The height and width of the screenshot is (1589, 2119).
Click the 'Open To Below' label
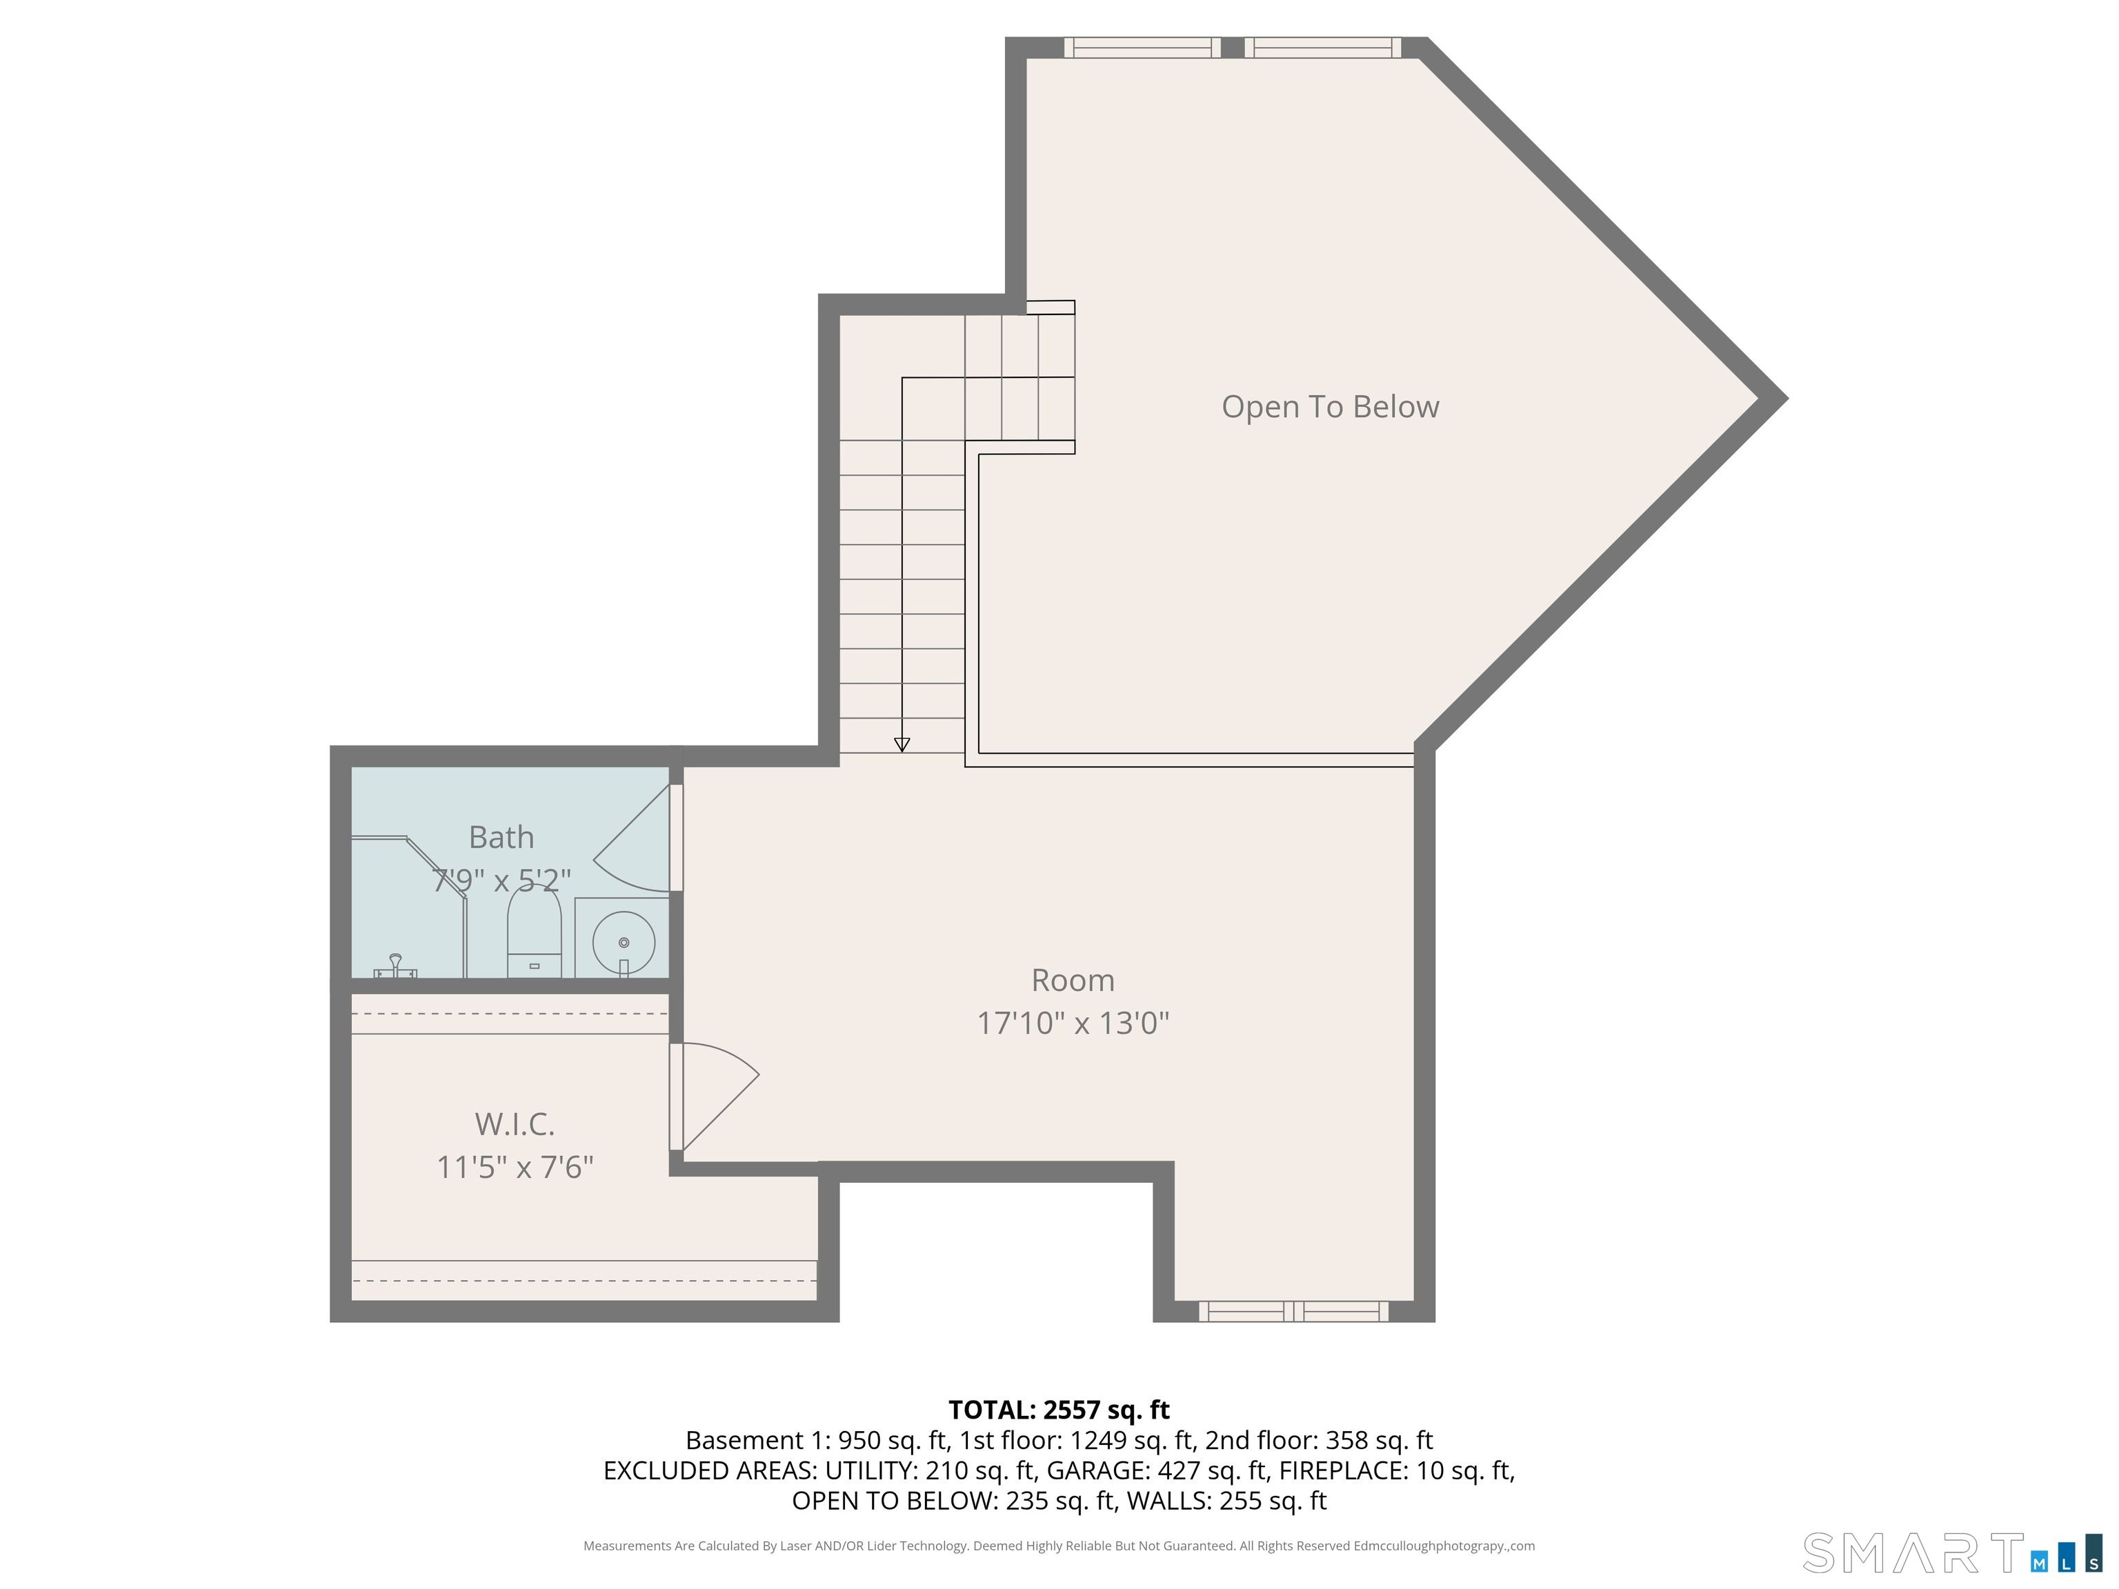pyautogui.click(x=1330, y=407)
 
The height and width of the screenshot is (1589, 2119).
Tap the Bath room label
pyautogui.click(x=501, y=837)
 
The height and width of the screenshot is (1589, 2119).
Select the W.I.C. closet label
pyautogui.click(x=515, y=1123)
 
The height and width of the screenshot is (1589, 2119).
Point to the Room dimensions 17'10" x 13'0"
pyautogui.click(x=1073, y=1023)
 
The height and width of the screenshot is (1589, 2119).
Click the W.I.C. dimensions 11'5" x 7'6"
pyautogui.click(x=515, y=1167)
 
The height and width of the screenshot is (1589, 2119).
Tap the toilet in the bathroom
pyautogui.click(x=534, y=933)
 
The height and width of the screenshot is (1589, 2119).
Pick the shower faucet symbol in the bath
pyautogui.click(x=395, y=966)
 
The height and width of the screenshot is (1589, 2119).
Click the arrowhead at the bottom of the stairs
pyautogui.click(x=902, y=744)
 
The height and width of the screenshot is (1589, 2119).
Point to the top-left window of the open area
pyautogui.click(x=1142, y=48)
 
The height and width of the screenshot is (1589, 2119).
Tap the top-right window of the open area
pyautogui.click(x=1322, y=48)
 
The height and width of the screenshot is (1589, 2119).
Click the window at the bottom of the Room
pyautogui.click(x=1293, y=1311)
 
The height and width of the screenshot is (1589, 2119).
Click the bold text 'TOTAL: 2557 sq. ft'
pyautogui.click(x=1059, y=1410)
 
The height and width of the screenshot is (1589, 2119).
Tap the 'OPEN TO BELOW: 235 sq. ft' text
pyautogui.click(x=953, y=1500)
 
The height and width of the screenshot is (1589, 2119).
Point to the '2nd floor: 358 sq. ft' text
pyautogui.click(x=1318, y=1441)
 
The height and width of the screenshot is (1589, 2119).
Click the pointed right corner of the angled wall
pyautogui.click(x=1787, y=399)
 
